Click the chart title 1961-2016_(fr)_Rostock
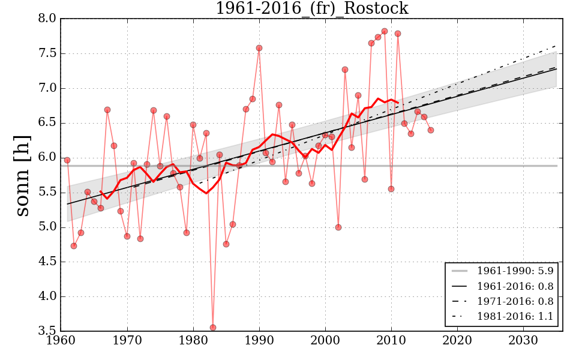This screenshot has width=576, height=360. [x=311, y=8]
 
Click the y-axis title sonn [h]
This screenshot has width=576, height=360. [x=23, y=175]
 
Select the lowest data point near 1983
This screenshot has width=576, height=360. [x=213, y=328]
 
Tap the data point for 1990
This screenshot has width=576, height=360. [x=259, y=48]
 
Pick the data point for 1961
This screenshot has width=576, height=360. [x=67, y=160]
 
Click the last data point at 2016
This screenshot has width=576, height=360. [x=431, y=130]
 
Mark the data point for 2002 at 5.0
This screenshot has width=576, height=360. [x=338, y=227]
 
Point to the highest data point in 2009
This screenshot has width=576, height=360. [x=385, y=31]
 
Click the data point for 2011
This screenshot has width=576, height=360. [x=398, y=34]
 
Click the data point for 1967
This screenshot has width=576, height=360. [x=107, y=110]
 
